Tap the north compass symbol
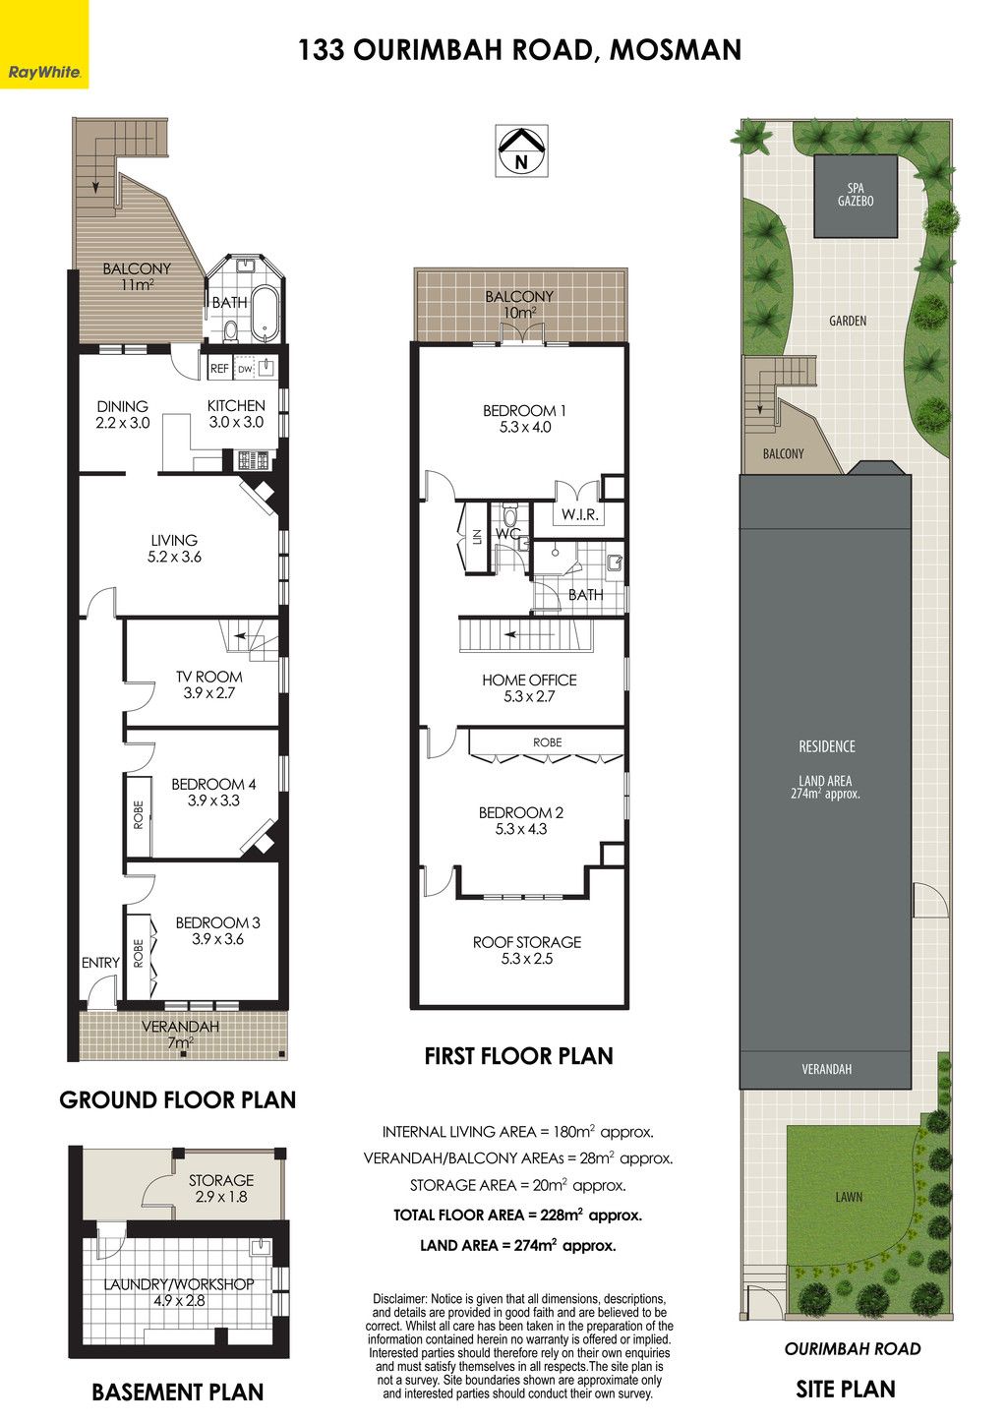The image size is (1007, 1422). tap(521, 150)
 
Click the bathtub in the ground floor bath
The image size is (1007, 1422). tap(265, 314)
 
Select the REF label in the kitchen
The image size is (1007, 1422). tap(219, 368)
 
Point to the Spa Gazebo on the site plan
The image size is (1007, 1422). tap(856, 196)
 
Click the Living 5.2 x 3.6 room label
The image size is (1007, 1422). tap(174, 549)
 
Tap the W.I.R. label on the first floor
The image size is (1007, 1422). tap(579, 514)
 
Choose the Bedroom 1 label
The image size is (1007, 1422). tap(524, 419)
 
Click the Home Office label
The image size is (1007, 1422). tap(529, 688)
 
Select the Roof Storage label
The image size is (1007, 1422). tap(527, 950)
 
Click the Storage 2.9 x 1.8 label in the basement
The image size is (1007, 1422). tap(221, 1188)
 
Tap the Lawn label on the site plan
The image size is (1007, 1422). tap(849, 1197)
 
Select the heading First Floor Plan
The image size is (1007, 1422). tap(518, 1056)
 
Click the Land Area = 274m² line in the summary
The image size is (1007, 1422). tap(517, 1246)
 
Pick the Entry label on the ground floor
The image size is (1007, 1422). tap(100, 963)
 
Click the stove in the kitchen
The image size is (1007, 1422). tap(254, 459)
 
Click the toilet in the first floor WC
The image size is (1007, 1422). tap(510, 513)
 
